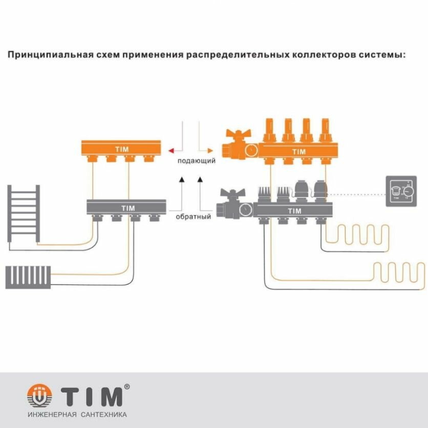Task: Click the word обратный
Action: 194,217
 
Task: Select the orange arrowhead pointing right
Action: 209,150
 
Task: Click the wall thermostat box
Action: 401,191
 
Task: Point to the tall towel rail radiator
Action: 24,216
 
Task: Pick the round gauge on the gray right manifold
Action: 246,209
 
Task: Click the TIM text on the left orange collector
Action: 122,149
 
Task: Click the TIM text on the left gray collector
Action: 127,208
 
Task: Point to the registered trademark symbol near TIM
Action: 126,387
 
